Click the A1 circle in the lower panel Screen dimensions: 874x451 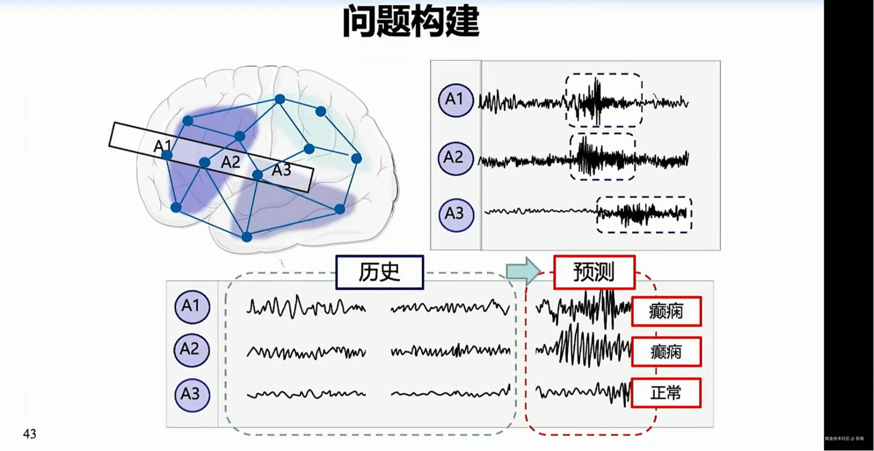click(192, 306)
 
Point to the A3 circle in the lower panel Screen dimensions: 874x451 click(192, 395)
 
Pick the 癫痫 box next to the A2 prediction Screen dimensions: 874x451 click(666, 352)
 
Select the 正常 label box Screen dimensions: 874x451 click(666, 393)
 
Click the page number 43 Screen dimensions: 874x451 click(29, 434)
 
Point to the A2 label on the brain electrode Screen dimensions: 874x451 click(231, 162)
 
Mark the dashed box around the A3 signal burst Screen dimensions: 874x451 click(644, 215)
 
